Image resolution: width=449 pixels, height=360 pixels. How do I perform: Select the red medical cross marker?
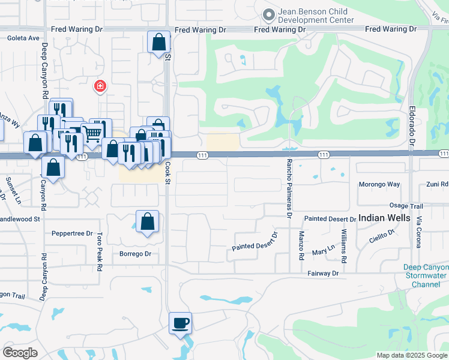(x=100, y=87)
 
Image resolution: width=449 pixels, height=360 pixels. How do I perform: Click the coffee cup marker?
(x=180, y=324)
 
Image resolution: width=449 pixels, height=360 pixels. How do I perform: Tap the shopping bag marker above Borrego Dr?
(x=148, y=222)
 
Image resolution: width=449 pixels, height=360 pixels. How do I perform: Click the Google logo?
(x=20, y=353)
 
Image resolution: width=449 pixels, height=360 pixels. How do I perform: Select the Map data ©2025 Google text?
(x=411, y=355)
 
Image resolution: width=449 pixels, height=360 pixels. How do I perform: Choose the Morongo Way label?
(x=379, y=184)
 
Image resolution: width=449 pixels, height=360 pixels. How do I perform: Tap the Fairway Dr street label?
(x=323, y=273)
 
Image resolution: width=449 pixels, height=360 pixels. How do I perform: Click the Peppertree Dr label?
(x=72, y=233)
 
